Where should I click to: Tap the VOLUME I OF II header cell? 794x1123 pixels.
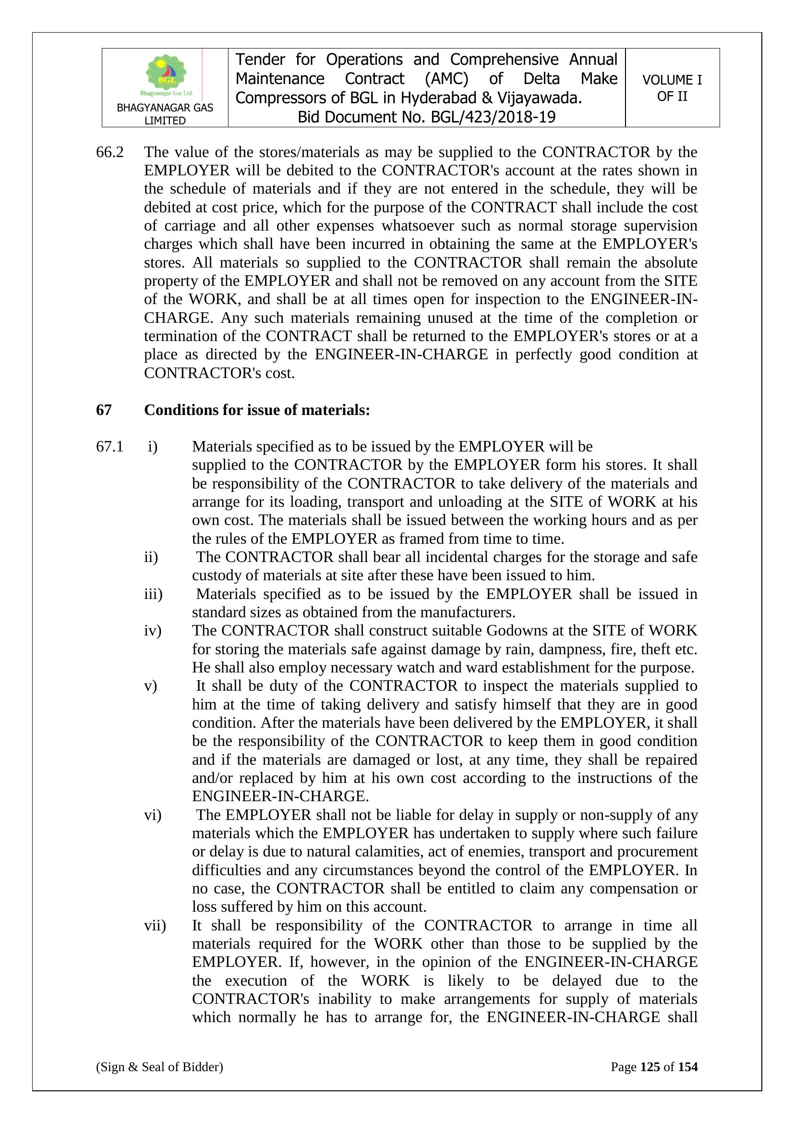pos(672,88)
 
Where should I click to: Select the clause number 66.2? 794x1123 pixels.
pos(109,152)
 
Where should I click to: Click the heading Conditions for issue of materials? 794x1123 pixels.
pos(257,410)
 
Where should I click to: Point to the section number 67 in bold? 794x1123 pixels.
pos(104,410)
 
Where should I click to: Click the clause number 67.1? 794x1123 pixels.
pos(109,447)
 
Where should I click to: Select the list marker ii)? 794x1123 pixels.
pos(151,557)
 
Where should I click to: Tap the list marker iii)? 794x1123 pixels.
pos(153,594)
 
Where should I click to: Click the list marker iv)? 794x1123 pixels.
pos(153,631)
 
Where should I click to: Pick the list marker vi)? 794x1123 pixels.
pos(153,815)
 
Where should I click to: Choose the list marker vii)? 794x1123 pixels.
pos(155,926)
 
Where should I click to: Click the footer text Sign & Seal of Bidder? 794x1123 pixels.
pos(159,1067)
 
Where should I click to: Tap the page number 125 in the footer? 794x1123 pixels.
pos(650,1067)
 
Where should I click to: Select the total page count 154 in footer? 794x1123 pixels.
pos(687,1067)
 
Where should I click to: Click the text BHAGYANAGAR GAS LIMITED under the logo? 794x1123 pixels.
pos(165,114)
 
